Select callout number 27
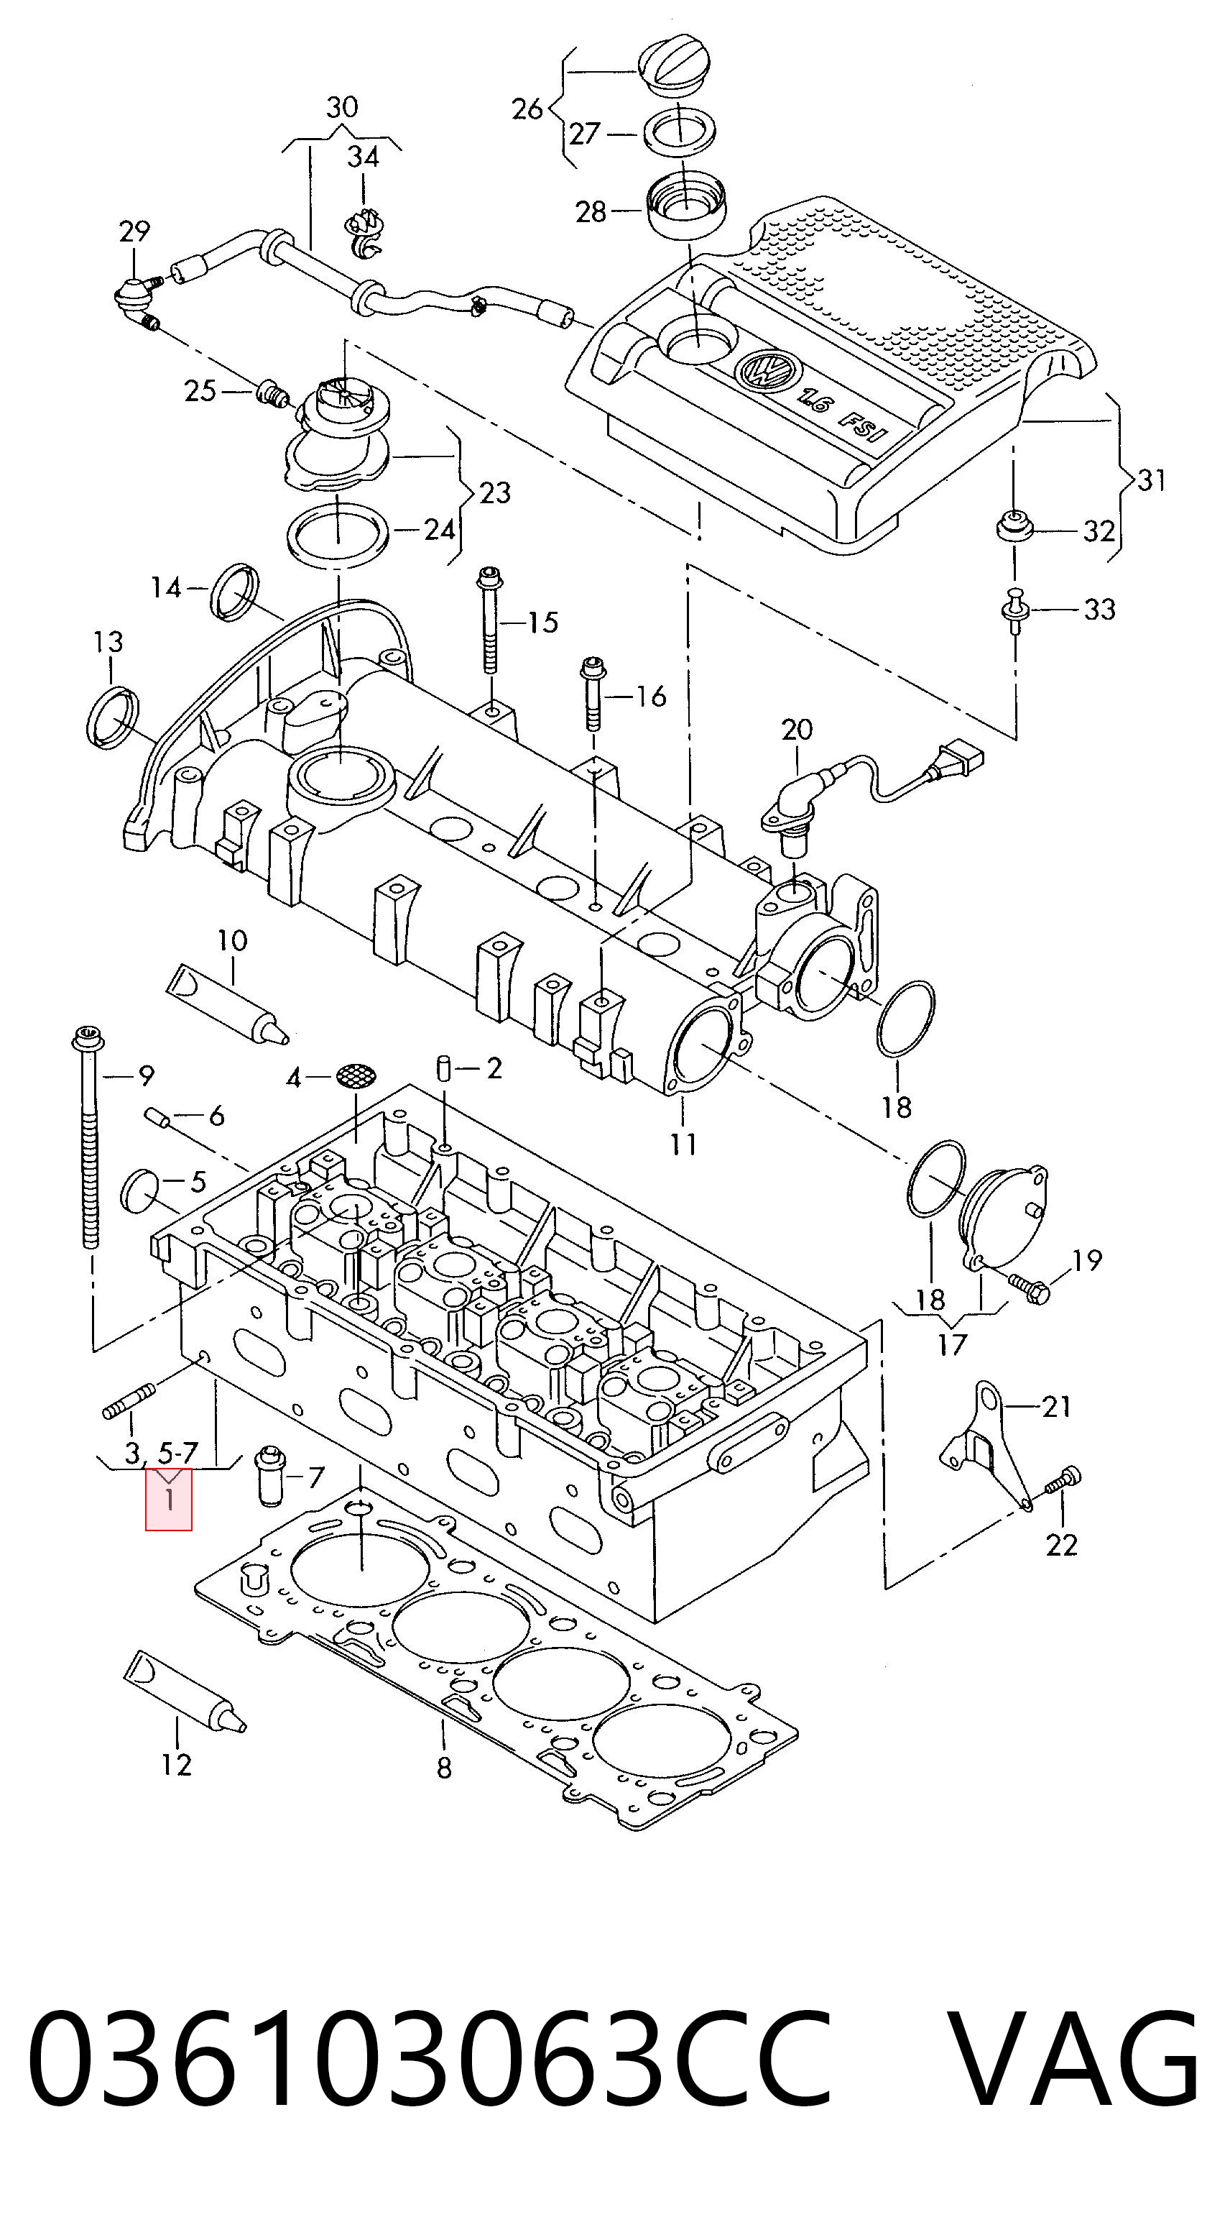(585, 134)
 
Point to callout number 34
(363, 157)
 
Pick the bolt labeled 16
(594, 695)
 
